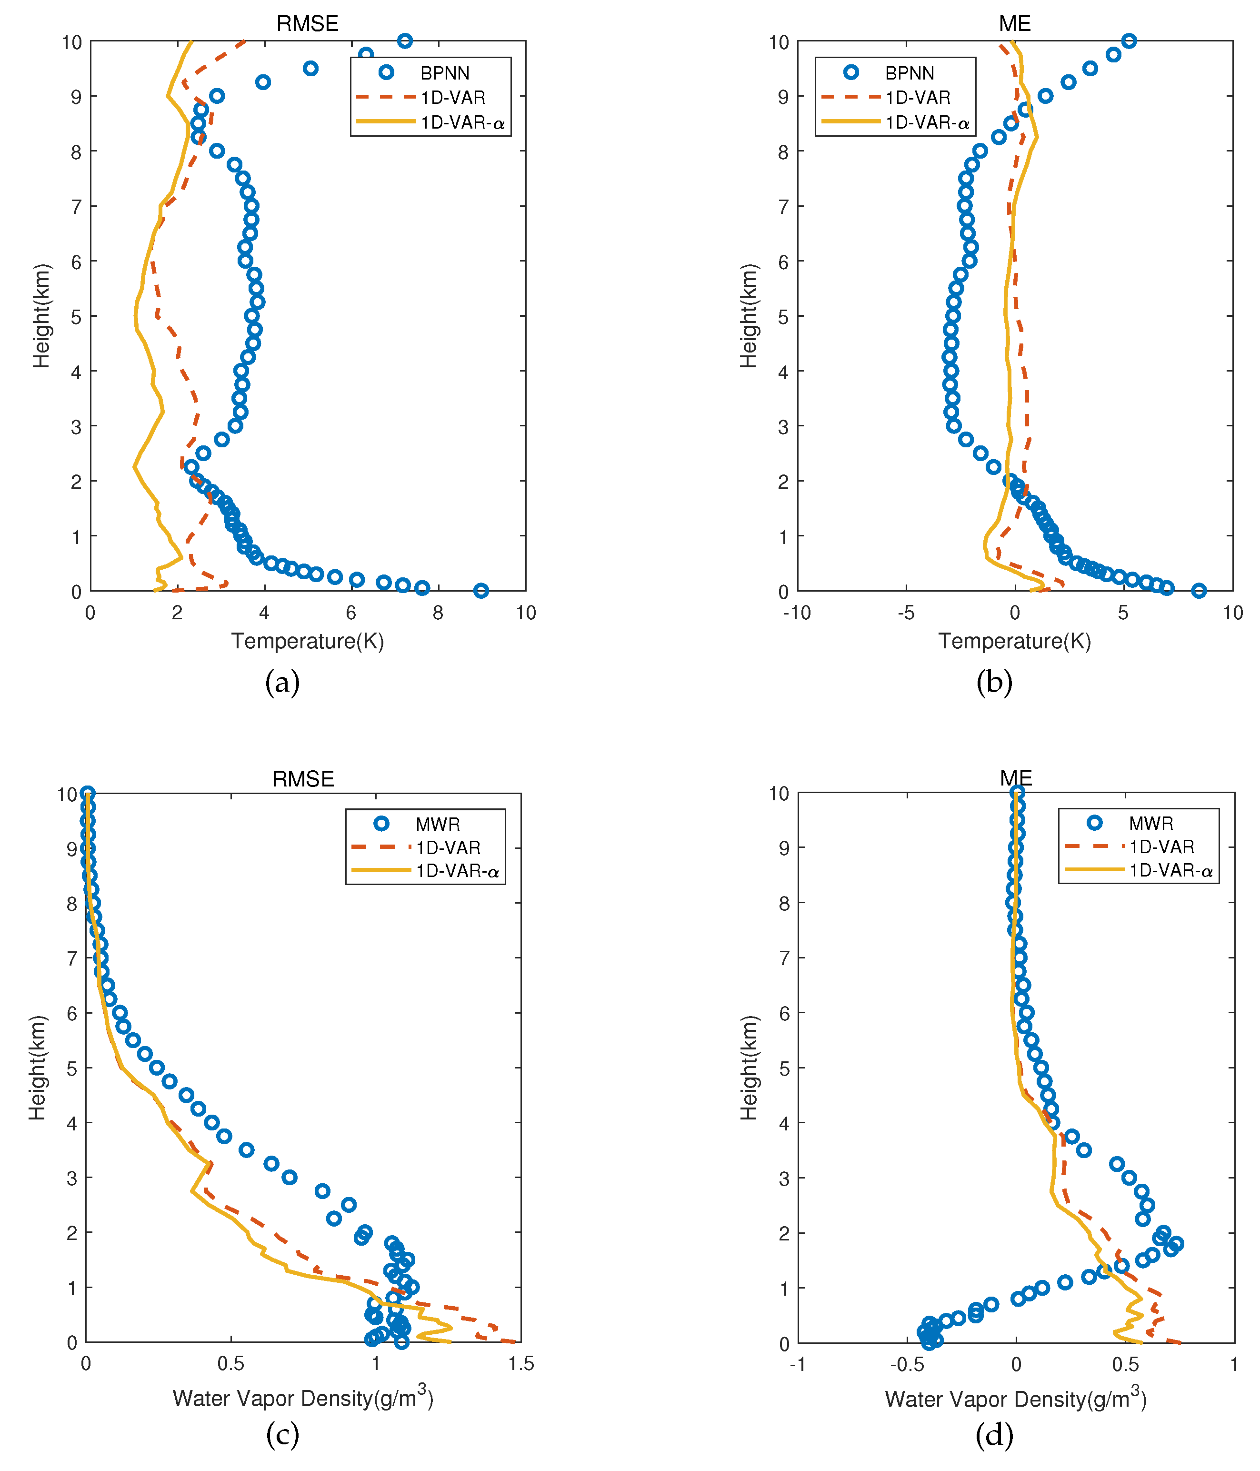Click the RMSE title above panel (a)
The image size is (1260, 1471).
click(x=307, y=23)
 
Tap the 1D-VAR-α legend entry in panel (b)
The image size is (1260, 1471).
click(x=926, y=123)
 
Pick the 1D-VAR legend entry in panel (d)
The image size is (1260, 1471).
click(x=1160, y=847)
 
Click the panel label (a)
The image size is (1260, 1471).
click(x=282, y=682)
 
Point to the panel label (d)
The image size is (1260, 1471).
click(x=994, y=1435)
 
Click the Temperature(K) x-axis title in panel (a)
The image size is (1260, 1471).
click(x=307, y=641)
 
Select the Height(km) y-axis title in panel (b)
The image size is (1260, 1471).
click(x=749, y=316)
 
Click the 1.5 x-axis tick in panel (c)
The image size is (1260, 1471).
click(x=521, y=1364)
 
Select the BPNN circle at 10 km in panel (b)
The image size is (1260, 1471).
click(x=1129, y=40)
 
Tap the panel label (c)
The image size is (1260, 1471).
click(x=282, y=1435)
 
